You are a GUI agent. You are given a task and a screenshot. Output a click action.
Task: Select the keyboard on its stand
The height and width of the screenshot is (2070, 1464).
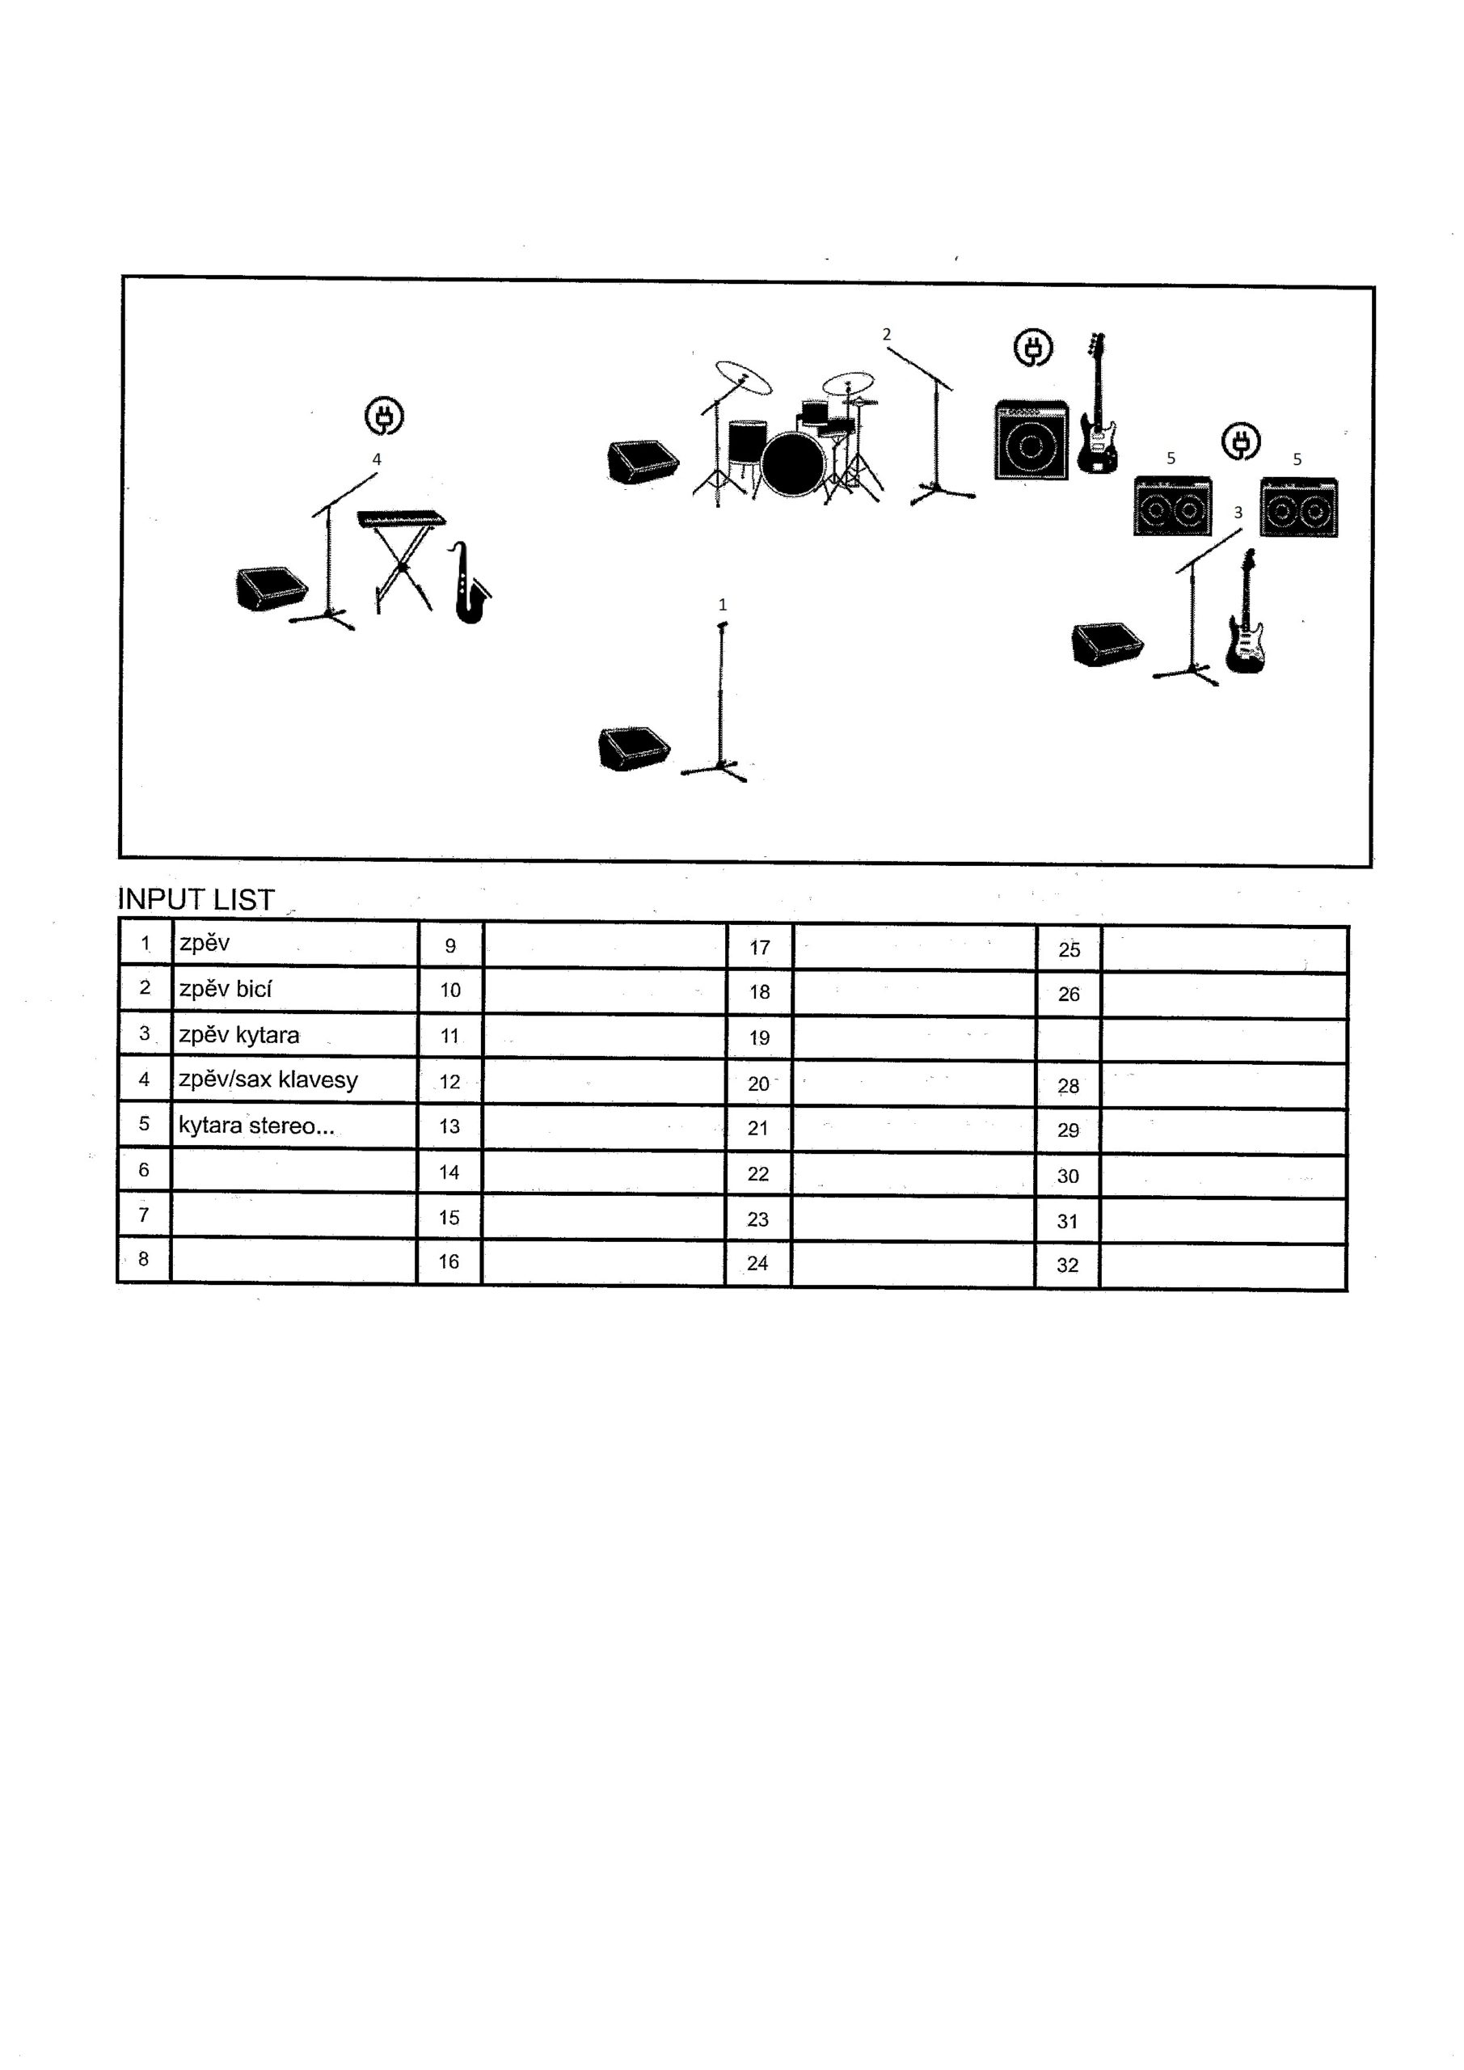401,559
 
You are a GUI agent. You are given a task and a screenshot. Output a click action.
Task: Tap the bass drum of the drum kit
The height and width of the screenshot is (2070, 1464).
792,464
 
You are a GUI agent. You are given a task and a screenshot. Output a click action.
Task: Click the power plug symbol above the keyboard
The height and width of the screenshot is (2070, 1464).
384,416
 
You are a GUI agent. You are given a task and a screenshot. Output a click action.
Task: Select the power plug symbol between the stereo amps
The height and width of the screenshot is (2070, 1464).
1240,441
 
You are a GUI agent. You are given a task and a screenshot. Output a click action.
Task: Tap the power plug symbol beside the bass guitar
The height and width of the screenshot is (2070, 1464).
1033,348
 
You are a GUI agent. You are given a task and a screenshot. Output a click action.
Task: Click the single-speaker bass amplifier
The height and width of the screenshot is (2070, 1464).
1032,441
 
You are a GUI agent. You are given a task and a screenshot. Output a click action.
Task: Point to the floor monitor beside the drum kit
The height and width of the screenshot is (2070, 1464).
643,462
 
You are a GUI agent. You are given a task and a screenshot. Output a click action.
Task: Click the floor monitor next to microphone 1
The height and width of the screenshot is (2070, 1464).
634,748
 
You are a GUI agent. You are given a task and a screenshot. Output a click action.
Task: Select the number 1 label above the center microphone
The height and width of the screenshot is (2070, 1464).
722,605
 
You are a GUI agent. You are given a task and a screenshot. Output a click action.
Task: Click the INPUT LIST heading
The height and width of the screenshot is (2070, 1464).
196,900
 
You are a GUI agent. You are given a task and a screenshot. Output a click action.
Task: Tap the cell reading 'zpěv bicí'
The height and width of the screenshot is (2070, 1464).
226,989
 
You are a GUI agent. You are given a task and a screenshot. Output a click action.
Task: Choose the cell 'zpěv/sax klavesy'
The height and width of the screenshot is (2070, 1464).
268,1079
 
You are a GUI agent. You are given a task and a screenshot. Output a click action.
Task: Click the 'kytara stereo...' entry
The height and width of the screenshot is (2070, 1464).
256,1125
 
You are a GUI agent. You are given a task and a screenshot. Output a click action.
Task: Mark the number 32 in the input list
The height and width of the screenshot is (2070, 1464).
1067,1265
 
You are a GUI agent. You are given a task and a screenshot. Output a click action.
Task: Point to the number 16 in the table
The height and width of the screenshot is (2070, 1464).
449,1261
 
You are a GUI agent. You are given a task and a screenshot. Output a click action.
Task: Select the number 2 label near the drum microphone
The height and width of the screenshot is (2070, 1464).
886,335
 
